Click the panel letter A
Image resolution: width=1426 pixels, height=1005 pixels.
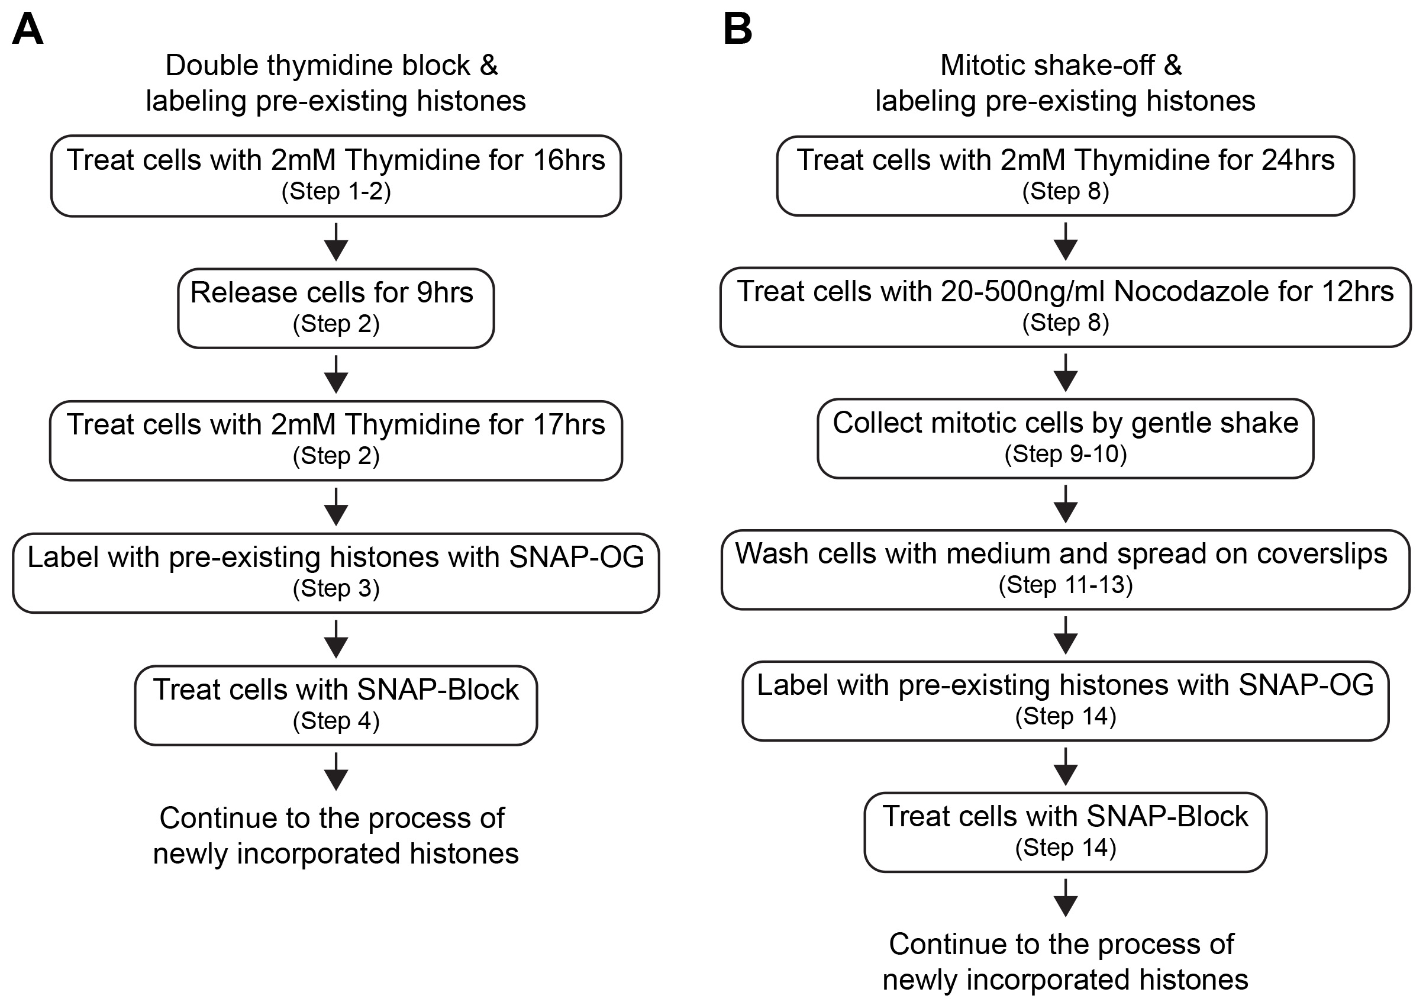[x=27, y=29]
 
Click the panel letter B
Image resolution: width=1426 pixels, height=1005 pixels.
[x=738, y=29]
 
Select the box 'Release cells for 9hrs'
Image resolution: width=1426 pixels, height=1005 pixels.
[x=336, y=308]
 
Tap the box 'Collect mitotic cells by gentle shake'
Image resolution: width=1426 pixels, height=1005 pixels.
[x=1065, y=439]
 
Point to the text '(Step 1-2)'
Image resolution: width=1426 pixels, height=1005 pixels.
[x=336, y=191]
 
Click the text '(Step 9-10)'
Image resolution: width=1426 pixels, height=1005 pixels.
[x=1065, y=454]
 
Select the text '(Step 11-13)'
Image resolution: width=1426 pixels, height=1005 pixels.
[x=1065, y=585]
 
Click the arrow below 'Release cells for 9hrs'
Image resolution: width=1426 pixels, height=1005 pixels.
[x=336, y=374]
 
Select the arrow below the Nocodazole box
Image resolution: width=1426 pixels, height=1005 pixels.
[x=1065, y=373]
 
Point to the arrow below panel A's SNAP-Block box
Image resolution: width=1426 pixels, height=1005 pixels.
[x=336, y=771]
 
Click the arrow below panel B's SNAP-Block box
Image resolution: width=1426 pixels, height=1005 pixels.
[x=1065, y=897]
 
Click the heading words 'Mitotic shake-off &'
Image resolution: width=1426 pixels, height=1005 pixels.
[x=1061, y=65]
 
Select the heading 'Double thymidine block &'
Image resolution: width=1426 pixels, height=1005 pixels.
[x=332, y=65]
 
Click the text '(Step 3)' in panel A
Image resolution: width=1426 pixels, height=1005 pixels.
[x=336, y=588]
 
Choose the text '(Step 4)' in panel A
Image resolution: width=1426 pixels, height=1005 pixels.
[x=336, y=720]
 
